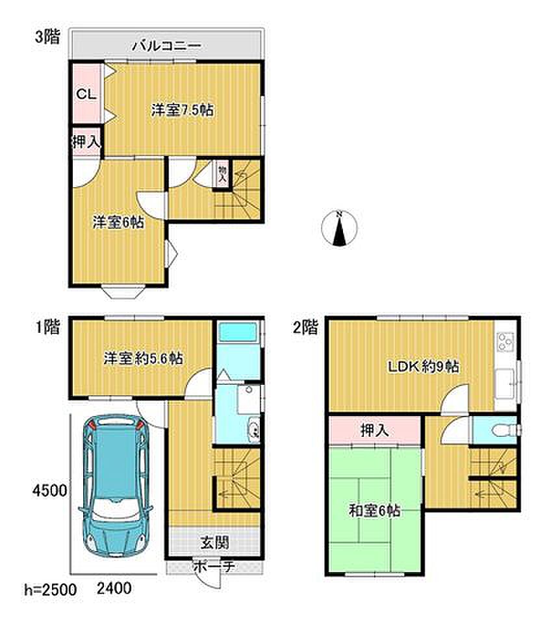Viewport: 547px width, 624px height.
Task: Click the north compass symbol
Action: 339,227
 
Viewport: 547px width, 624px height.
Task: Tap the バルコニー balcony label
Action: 166,46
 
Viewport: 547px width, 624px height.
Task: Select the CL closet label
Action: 86,94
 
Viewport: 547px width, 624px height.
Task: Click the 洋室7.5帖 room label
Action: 182,109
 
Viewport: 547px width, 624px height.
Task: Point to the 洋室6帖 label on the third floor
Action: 118,222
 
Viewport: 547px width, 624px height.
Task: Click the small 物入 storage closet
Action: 222,173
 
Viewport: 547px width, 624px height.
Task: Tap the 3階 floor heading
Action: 47,37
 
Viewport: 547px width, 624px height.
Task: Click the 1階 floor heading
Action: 47,327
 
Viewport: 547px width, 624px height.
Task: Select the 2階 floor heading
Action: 305,328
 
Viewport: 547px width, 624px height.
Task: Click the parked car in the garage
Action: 116,486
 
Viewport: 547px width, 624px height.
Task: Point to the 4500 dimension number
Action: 50,490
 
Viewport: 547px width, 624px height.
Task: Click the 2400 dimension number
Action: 114,588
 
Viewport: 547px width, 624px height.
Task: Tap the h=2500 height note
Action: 51,590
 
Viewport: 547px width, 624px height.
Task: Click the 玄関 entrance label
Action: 214,542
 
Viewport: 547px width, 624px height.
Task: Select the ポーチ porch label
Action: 214,566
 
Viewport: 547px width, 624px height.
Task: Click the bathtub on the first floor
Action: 238,332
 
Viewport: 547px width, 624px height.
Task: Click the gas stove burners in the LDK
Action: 505,341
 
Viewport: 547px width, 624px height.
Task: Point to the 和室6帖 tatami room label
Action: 374,511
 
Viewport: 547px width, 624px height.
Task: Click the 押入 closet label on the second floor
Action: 374,430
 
